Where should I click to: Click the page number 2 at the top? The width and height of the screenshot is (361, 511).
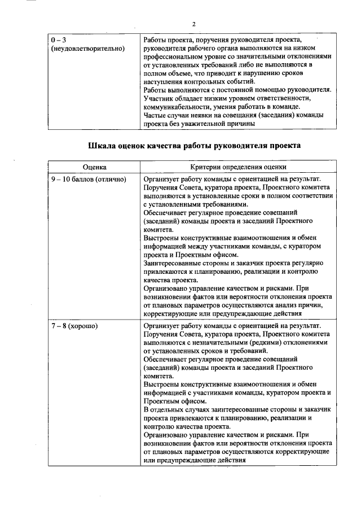pos(193,24)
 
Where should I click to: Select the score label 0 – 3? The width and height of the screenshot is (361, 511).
pos(58,41)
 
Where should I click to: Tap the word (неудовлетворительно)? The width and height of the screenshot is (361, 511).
pos(87,50)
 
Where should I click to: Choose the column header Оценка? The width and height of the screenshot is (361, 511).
pos(94,168)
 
